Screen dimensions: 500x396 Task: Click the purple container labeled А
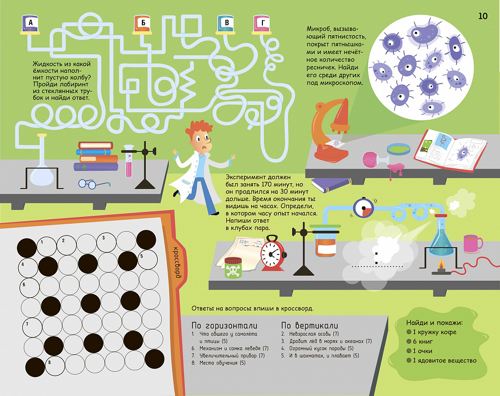(x=30, y=24)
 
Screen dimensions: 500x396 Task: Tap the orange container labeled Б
(x=142, y=24)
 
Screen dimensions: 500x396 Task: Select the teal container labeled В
(x=226, y=24)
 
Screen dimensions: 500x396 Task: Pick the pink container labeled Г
(x=262, y=24)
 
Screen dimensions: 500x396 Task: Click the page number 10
(x=483, y=16)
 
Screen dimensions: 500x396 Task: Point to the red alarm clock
(x=273, y=253)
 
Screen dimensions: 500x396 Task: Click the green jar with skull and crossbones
(x=233, y=267)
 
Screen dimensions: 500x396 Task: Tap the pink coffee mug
(x=473, y=244)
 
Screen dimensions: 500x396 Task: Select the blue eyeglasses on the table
(x=94, y=184)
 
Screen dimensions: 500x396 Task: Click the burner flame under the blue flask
(x=441, y=264)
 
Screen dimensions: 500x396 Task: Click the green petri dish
(x=398, y=148)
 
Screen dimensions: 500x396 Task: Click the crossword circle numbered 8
(x=55, y=365)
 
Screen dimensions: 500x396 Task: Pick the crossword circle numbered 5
(x=148, y=259)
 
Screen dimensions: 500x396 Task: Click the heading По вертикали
(x=310, y=326)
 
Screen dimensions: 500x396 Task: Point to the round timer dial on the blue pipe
(x=363, y=208)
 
